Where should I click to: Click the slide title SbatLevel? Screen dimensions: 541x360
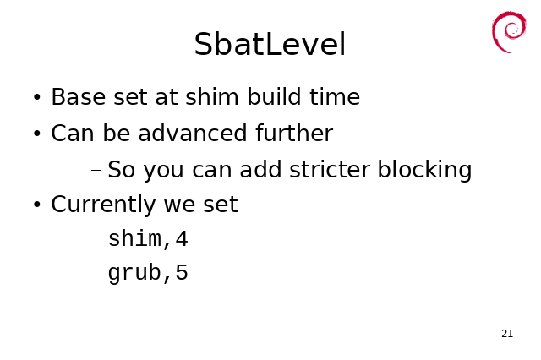point(270,44)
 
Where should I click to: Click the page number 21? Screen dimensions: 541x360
point(507,334)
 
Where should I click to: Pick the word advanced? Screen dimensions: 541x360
point(193,133)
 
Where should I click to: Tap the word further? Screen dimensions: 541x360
point(294,133)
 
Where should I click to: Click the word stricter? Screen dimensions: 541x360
point(330,169)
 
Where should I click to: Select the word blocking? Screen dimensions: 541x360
point(424,171)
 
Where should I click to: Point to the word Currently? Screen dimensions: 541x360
point(103,205)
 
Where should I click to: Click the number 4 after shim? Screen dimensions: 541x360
point(182,238)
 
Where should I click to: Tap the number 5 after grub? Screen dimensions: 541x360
point(182,272)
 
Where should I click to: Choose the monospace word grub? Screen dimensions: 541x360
point(134,273)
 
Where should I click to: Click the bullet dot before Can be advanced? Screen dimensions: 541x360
point(37,134)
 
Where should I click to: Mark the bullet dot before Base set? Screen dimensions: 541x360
point(37,97)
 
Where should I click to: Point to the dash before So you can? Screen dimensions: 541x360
point(96,170)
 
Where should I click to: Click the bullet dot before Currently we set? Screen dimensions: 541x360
point(37,205)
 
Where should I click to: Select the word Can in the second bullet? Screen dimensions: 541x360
point(73,134)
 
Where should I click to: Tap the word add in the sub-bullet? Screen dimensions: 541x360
point(260,169)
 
